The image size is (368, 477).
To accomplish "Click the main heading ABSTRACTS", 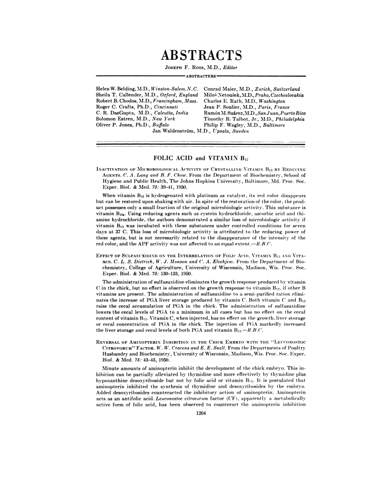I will (x=201, y=55).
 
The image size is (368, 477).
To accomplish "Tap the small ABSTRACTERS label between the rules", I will (x=201, y=75).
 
